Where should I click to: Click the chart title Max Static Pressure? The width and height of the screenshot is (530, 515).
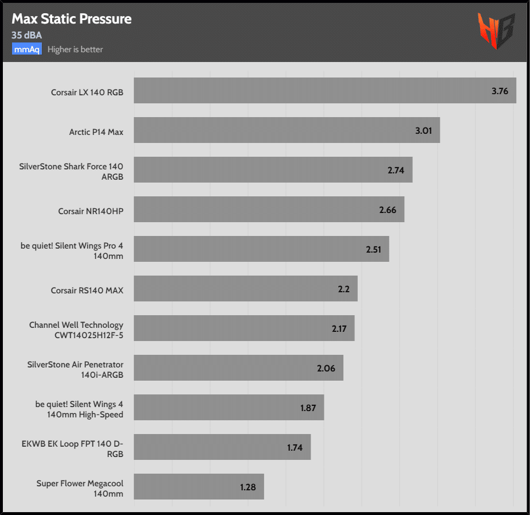72,19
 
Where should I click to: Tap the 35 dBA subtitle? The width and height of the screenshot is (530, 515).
26,36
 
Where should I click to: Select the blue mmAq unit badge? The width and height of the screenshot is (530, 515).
27,49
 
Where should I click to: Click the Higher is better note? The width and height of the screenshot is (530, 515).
75,49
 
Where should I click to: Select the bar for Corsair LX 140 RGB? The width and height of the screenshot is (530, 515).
310,91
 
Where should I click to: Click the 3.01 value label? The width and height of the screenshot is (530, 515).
423,131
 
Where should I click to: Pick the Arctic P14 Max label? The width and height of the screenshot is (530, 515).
96,132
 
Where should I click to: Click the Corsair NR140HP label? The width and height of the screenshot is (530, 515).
91,211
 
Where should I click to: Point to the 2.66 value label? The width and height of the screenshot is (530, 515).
388,210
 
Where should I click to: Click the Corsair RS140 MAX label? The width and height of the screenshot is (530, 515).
87,291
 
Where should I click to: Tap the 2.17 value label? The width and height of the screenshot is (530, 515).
340,329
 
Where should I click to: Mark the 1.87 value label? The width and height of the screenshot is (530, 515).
309,408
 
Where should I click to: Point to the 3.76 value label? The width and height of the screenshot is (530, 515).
500,91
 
